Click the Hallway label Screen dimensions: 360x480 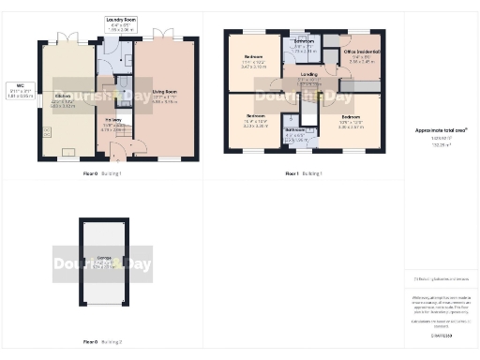click(x=114, y=120)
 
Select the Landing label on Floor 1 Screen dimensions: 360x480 click(x=308, y=73)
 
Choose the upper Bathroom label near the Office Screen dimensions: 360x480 click(x=303, y=42)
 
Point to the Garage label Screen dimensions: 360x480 click(x=104, y=258)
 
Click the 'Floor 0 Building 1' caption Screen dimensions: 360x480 click(x=103, y=174)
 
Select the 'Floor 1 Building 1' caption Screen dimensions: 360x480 click(x=302, y=174)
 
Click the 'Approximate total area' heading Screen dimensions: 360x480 click(x=441, y=130)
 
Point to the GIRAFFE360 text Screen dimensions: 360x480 click(x=441, y=335)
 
